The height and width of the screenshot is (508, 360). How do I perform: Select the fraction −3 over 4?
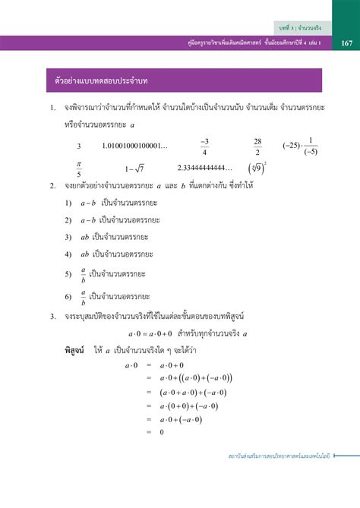[204, 146]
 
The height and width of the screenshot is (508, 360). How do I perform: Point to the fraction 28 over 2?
[257, 146]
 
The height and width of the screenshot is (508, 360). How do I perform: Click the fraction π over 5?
[78, 169]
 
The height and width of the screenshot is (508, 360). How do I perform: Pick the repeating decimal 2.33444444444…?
[206, 168]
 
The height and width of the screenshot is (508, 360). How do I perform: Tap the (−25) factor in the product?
[293, 146]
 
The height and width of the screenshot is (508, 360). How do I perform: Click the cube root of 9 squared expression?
[257, 168]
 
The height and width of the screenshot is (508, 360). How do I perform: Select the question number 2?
[51, 185]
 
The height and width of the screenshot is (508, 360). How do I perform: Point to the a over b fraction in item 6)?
[83, 295]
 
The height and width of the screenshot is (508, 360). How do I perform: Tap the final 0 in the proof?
[162, 432]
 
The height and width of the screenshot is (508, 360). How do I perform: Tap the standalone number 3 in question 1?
[79, 147]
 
